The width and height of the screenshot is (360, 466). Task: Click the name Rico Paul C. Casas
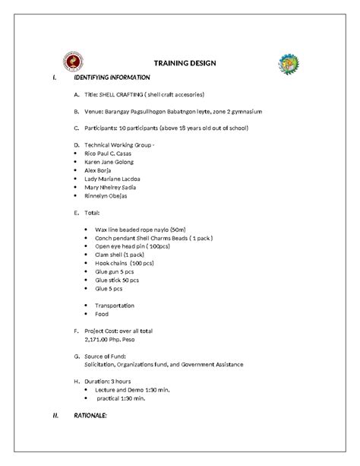pos(111,153)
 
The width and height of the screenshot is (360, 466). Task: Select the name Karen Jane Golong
pos(112,163)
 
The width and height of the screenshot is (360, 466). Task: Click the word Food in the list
pos(102,314)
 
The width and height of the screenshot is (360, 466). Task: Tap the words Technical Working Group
pos(121,144)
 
